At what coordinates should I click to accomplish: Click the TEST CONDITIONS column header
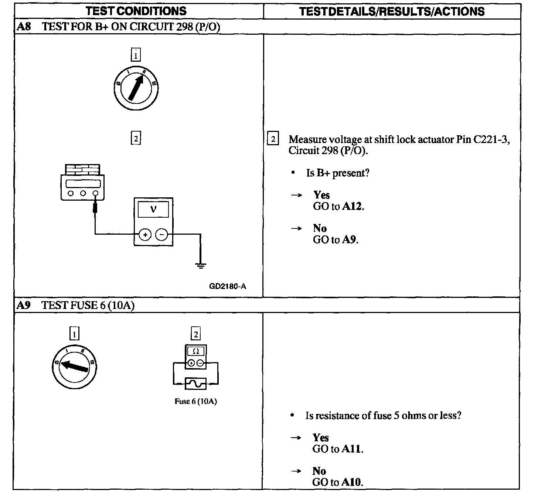click(x=136, y=11)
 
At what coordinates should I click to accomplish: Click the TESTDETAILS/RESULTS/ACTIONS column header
click(x=392, y=11)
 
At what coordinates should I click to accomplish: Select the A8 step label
click(x=23, y=27)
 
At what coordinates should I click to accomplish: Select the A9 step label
click(x=23, y=305)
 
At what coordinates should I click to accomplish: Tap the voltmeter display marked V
click(x=153, y=210)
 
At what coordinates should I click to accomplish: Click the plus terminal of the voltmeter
click(x=145, y=235)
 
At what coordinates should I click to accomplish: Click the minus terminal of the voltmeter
click(x=161, y=235)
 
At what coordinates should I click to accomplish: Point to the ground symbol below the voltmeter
click(x=201, y=265)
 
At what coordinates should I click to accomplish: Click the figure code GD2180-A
click(x=227, y=286)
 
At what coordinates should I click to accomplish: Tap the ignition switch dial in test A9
click(x=75, y=366)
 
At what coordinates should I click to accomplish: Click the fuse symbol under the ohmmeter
click(x=195, y=384)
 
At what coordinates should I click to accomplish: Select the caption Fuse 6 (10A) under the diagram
click(x=195, y=401)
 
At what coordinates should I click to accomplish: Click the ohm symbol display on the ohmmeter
click(x=196, y=351)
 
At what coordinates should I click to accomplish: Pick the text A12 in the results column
click(x=352, y=206)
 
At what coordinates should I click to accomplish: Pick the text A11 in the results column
click(x=352, y=449)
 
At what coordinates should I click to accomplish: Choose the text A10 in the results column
click(x=352, y=482)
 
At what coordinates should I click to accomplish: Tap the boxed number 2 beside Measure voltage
click(x=273, y=139)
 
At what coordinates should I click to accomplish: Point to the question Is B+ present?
click(x=337, y=173)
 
